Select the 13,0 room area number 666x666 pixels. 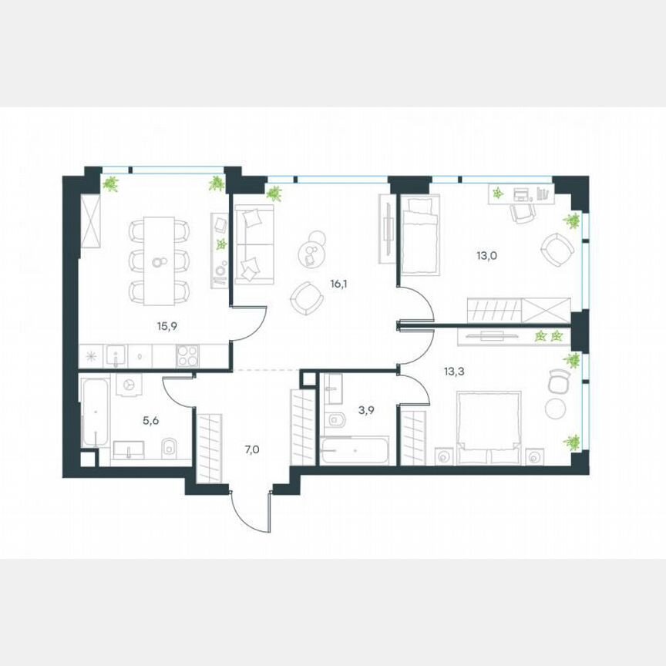tap(485, 249)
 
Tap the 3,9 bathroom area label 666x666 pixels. tap(367, 410)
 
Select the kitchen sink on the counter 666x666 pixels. tap(116, 355)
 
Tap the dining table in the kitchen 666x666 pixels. tap(160, 260)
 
